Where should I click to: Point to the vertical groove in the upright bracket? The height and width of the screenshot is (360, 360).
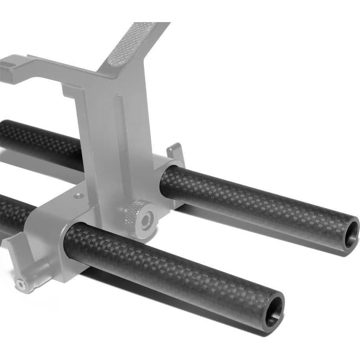click(118, 130)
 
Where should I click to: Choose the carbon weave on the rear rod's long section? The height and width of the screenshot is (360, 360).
click(256, 205)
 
